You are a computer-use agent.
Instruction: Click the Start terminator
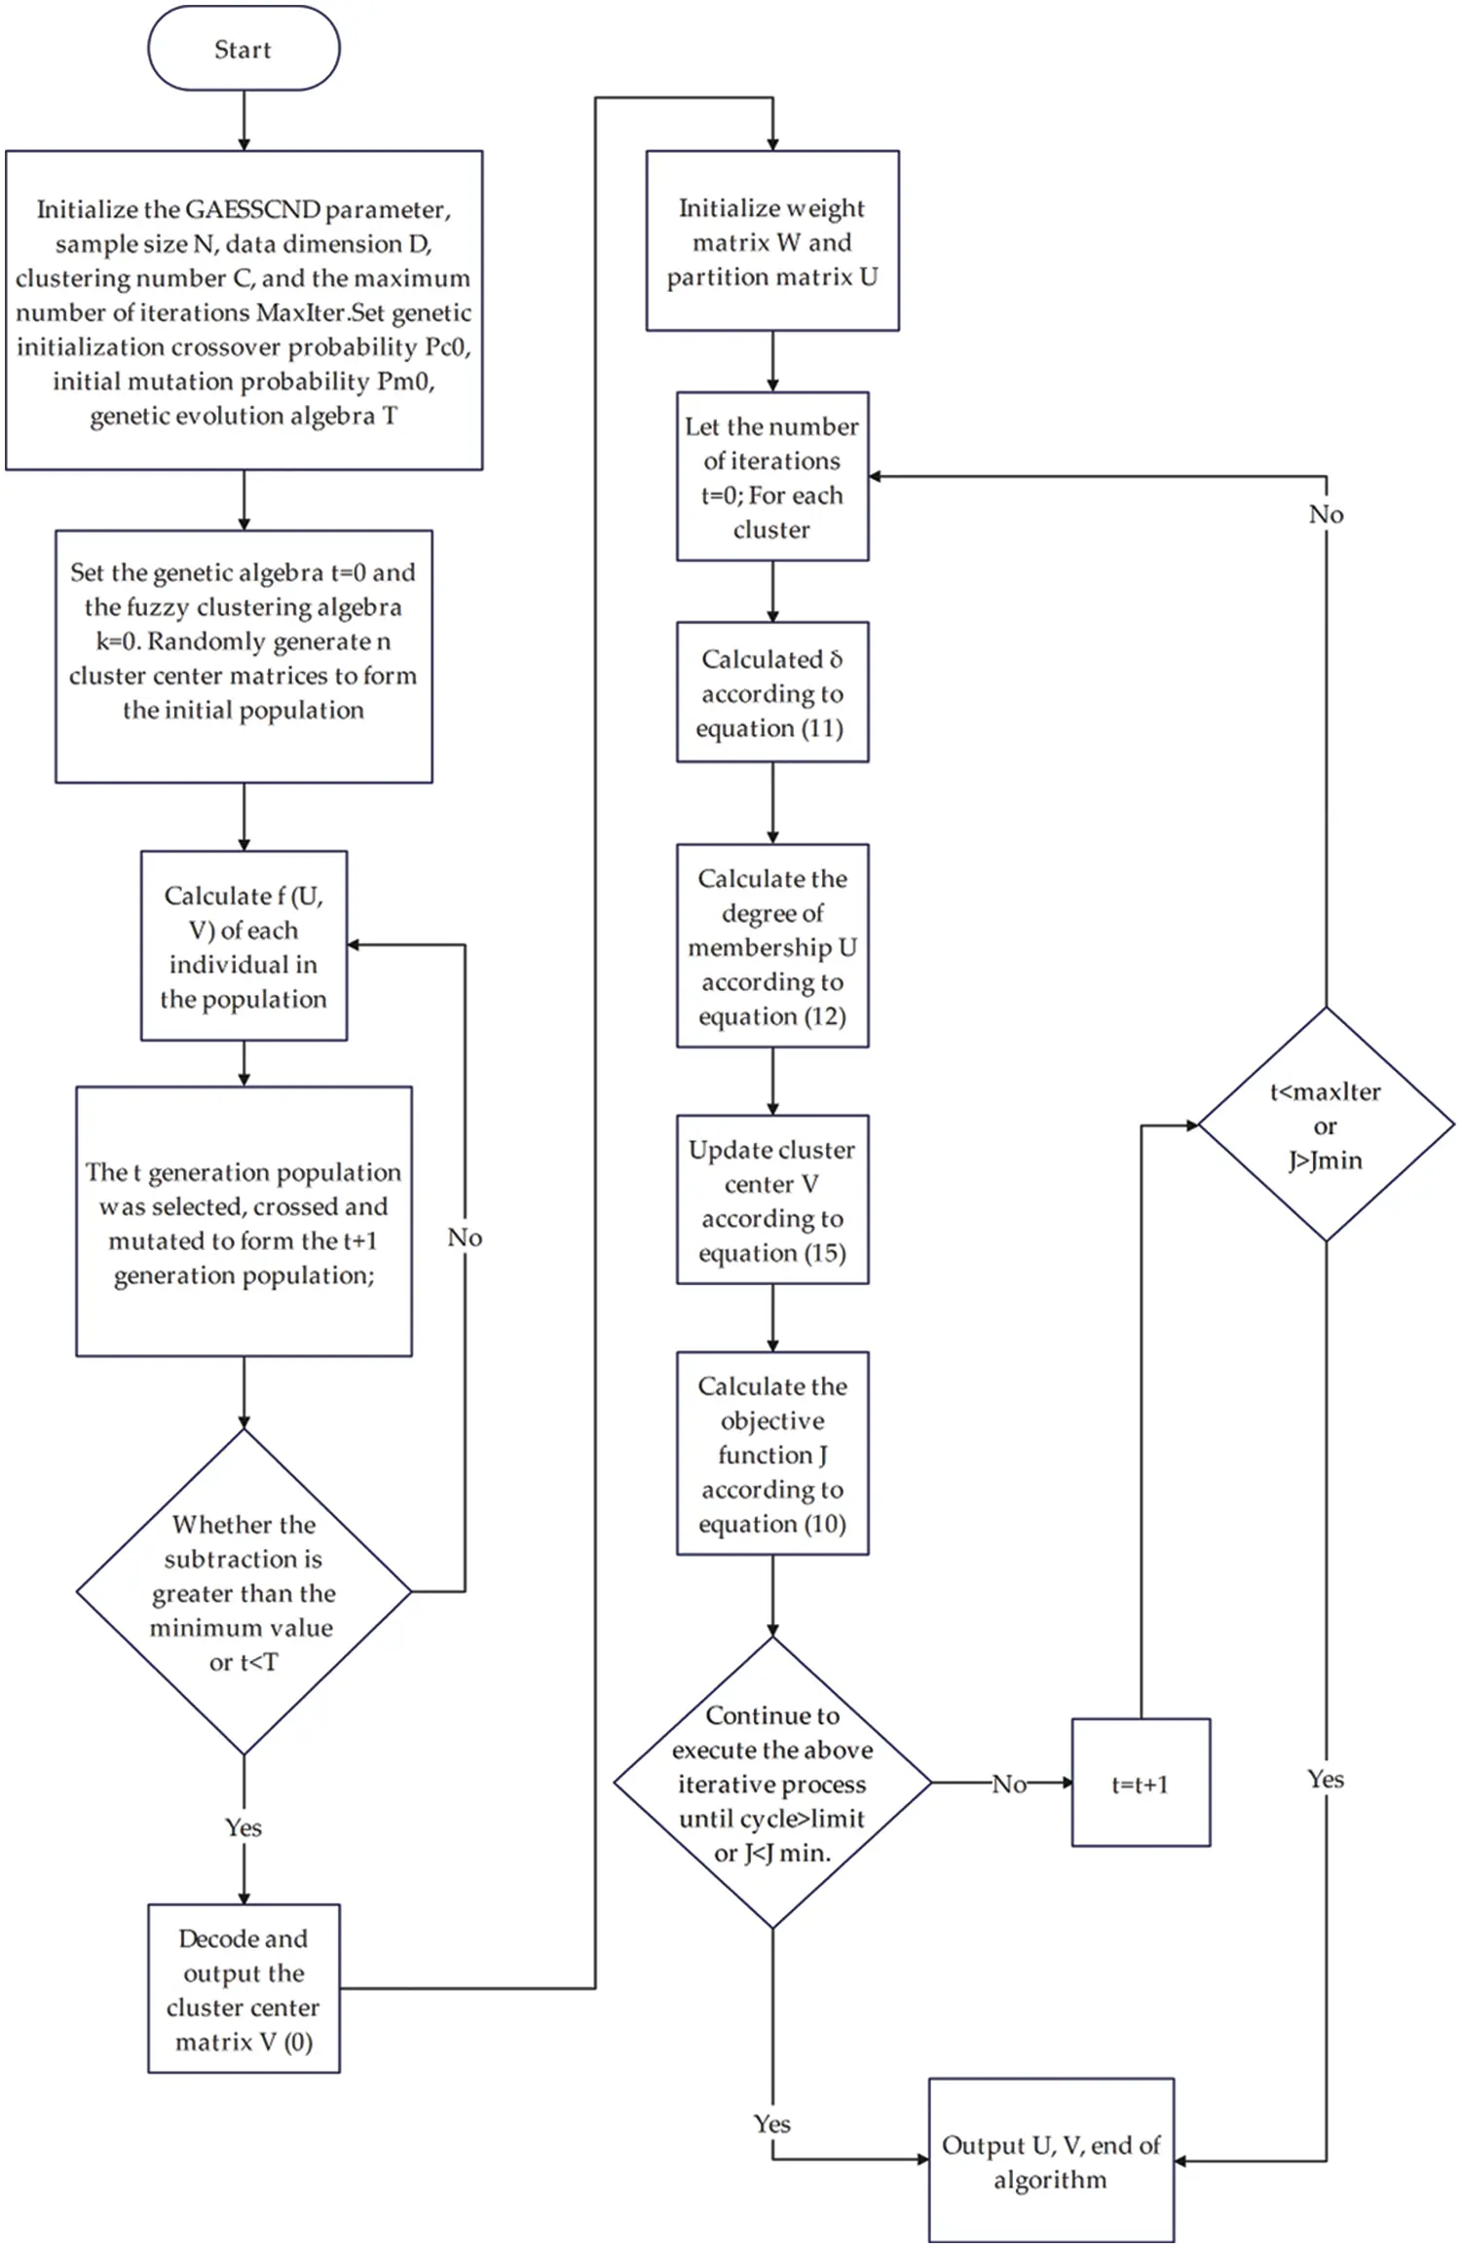click(x=243, y=49)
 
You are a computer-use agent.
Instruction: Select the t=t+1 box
click(x=1141, y=1784)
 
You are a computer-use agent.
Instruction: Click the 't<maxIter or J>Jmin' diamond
click(x=1325, y=1124)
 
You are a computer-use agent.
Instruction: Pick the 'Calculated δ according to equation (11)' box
click(x=772, y=692)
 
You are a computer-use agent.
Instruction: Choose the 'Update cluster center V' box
click(x=772, y=1199)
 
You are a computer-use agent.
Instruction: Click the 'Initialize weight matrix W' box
click(x=772, y=240)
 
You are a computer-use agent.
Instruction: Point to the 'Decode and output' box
click(x=243, y=1989)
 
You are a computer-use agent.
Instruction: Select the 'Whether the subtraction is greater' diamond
click(x=243, y=1592)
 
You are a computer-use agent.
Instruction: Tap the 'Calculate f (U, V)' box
click(x=243, y=946)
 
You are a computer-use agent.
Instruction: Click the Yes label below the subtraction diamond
click(x=243, y=1827)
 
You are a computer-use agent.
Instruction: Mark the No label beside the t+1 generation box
click(x=465, y=1237)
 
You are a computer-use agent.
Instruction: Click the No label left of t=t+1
click(x=1009, y=1784)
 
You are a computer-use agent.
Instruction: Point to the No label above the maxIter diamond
click(x=1326, y=514)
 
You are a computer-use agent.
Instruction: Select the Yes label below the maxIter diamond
click(x=1326, y=1779)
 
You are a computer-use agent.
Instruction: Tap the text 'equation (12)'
click(x=772, y=1016)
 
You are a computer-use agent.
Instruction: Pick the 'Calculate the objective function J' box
click(x=772, y=1454)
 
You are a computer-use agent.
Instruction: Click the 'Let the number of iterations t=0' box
click(x=772, y=477)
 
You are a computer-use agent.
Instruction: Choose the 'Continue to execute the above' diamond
click(x=772, y=1783)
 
